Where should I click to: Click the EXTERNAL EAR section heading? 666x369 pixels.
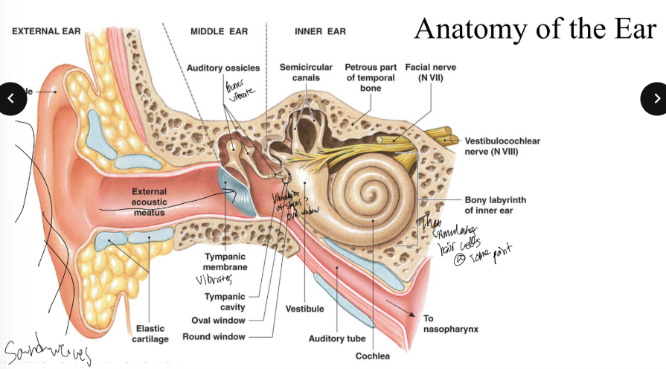[46, 31]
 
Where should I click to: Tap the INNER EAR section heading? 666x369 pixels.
[320, 31]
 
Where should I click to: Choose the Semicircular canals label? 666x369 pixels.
[306, 72]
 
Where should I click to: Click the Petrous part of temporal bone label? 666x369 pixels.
[371, 77]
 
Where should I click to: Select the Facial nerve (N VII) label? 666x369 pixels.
[431, 72]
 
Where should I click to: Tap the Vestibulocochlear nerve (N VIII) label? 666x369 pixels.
[502, 146]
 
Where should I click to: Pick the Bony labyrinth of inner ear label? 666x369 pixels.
[496, 205]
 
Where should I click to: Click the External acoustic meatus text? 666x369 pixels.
[149, 202]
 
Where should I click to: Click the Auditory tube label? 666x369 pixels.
[336, 338]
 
